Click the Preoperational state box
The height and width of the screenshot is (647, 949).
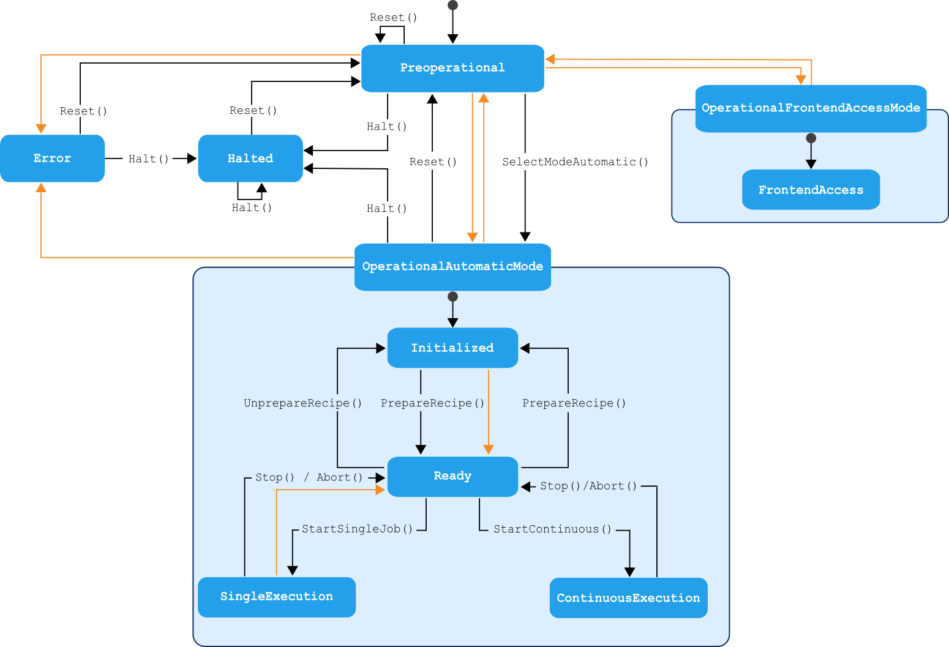[452, 68]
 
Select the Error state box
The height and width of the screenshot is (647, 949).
[52, 159]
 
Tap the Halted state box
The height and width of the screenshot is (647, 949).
[250, 159]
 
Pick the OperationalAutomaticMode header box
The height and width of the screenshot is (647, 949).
[452, 267]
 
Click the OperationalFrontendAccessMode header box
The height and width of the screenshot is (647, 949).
[811, 108]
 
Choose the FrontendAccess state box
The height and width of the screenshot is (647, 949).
[811, 190]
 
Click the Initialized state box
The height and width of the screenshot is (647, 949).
[452, 348]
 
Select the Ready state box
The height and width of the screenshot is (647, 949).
[452, 476]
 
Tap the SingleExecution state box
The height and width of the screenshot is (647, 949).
[277, 597]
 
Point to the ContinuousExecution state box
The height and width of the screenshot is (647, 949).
[628, 598]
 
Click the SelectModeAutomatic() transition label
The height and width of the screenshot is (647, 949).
[575, 162]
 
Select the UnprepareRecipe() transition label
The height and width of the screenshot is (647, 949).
[303, 403]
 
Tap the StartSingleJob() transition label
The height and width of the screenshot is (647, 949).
[358, 529]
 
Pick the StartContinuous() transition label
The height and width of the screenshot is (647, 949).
[552, 529]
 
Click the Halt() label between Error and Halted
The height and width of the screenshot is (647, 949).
[148, 159]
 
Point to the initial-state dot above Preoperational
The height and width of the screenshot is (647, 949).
[452, 6]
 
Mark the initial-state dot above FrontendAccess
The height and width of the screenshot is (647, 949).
[811, 138]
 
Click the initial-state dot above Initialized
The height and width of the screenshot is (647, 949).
[452, 297]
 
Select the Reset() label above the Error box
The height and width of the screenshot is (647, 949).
[83, 111]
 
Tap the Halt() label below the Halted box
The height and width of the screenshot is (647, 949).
[252, 208]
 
